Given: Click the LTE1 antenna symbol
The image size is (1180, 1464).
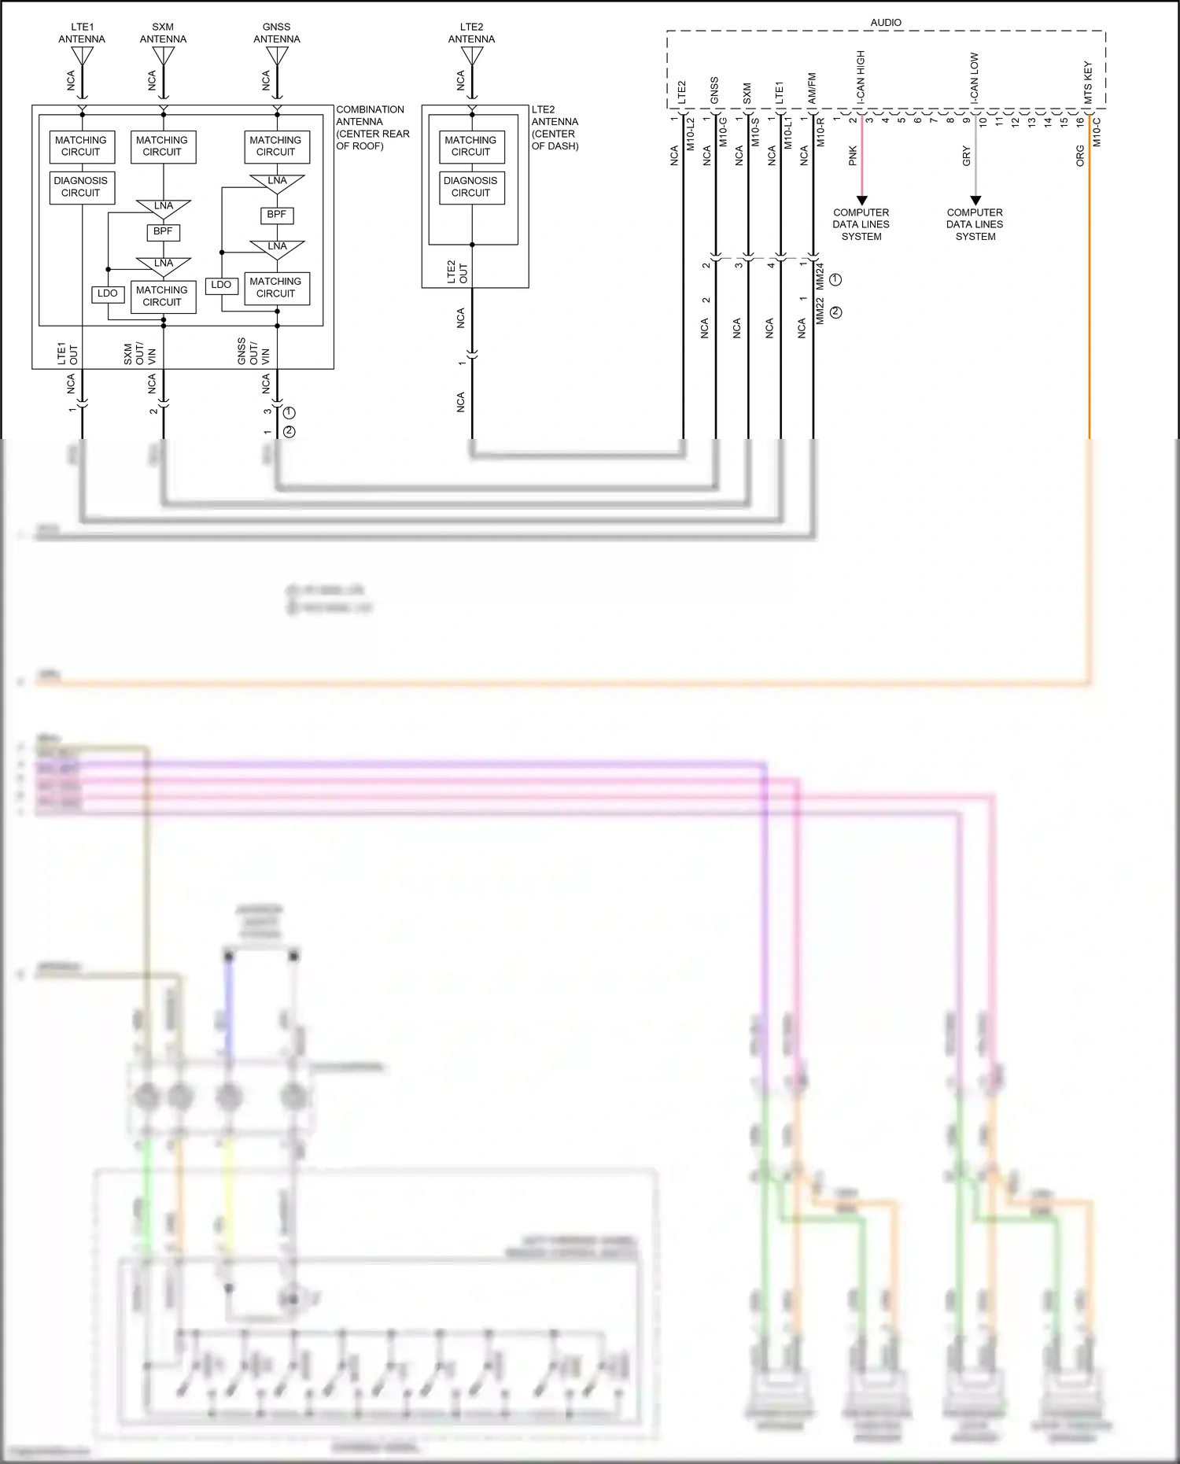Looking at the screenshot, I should tap(82, 57).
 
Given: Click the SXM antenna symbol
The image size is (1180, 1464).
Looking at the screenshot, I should tap(164, 57).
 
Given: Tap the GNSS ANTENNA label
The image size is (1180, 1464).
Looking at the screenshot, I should tap(276, 33).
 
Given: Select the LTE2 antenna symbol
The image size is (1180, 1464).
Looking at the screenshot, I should tap(472, 57).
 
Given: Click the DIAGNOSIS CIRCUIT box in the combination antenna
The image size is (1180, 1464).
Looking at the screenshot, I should tap(82, 187).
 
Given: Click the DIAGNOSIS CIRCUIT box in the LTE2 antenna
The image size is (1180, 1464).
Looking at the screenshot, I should tap(471, 187).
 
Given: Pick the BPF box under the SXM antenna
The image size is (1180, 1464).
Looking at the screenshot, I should tap(163, 232).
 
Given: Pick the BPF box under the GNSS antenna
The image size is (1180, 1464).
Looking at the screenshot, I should tap(277, 215).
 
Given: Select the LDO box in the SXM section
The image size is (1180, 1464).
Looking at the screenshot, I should tap(108, 294).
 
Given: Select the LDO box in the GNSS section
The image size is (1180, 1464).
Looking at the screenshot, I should tap(222, 285).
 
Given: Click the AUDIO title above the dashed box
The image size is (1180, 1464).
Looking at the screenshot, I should tap(886, 23).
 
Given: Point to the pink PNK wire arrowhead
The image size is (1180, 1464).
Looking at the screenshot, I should tap(861, 201).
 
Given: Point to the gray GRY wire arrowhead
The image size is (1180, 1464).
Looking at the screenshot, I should tap(975, 201).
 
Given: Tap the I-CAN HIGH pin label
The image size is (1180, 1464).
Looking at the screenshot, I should tap(861, 76).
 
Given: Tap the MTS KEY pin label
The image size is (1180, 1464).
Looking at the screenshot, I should tap(1089, 82).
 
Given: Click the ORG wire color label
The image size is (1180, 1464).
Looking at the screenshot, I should tap(1080, 156).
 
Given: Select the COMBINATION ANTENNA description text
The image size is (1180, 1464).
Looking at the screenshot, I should tap(372, 127).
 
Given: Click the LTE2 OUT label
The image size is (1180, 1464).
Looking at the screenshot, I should tap(457, 272).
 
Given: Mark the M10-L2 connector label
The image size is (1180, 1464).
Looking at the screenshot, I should tap(691, 134).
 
